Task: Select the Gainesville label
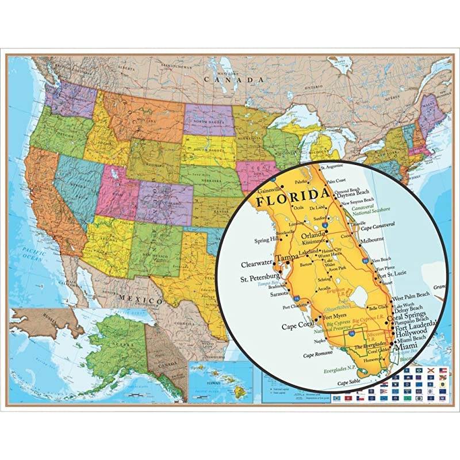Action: click(x=270, y=189)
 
